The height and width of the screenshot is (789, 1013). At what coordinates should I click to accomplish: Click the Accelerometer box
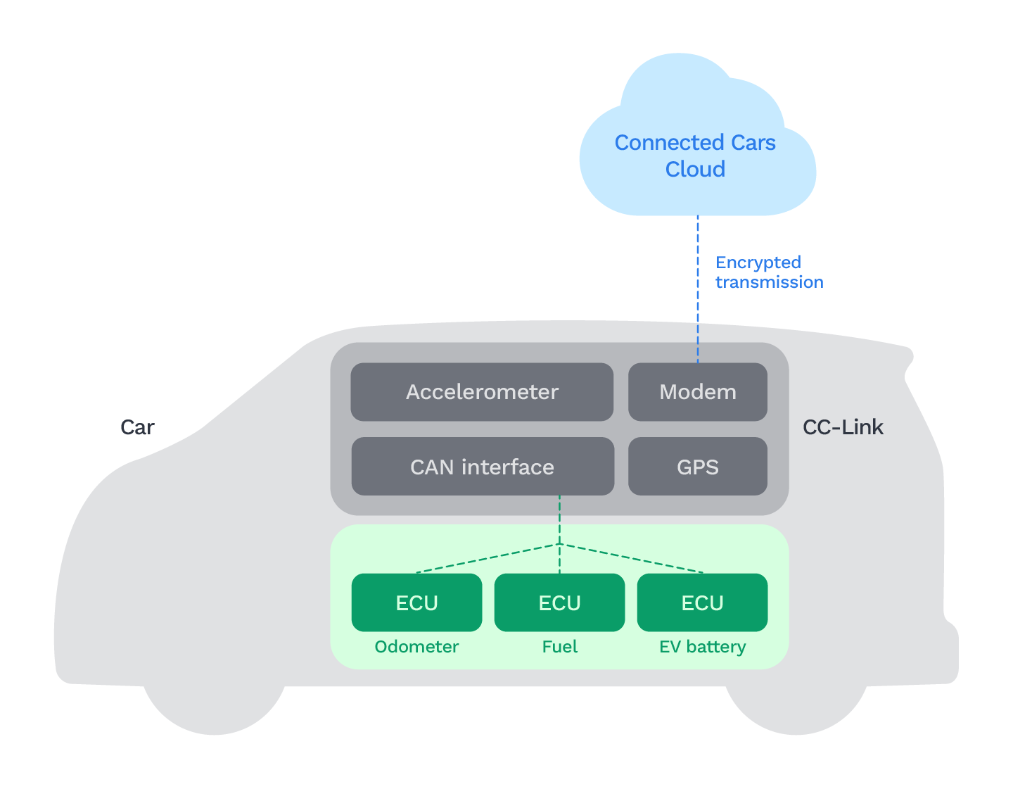[x=482, y=392]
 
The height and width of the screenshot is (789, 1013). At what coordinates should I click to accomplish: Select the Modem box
[x=697, y=392]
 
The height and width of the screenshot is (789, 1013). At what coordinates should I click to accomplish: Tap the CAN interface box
[x=482, y=467]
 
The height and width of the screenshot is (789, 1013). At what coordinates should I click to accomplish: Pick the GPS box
[x=697, y=467]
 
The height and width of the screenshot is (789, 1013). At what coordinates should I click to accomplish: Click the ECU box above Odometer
[x=416, y=602]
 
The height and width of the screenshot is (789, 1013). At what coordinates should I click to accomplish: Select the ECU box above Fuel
[x=559, y=602]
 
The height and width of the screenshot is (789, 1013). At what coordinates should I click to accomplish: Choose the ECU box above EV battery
[x=702, y=602]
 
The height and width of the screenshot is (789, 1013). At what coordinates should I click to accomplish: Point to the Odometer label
[x=416, y=647]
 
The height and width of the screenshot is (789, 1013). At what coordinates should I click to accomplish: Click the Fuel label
[x=559, y=647]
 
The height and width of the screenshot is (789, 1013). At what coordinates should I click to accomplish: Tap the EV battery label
[x=702, y=647]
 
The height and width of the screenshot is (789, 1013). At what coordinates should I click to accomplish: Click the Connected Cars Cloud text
[x=695, y=156]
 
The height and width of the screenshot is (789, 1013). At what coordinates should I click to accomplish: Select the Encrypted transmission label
[x=768, y=272]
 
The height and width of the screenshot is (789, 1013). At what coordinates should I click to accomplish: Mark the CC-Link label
[x=843, y=427]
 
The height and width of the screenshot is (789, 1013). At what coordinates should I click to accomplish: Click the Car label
[x=137, y=427]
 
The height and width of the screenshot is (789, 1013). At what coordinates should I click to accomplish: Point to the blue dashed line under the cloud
[x=698, y=289]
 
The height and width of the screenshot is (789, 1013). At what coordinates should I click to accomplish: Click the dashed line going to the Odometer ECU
[x=485, y=559]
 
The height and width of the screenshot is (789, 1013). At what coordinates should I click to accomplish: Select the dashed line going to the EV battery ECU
[x=633, y=559]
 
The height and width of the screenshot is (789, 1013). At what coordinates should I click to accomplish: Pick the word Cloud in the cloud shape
[x=695, y=170]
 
